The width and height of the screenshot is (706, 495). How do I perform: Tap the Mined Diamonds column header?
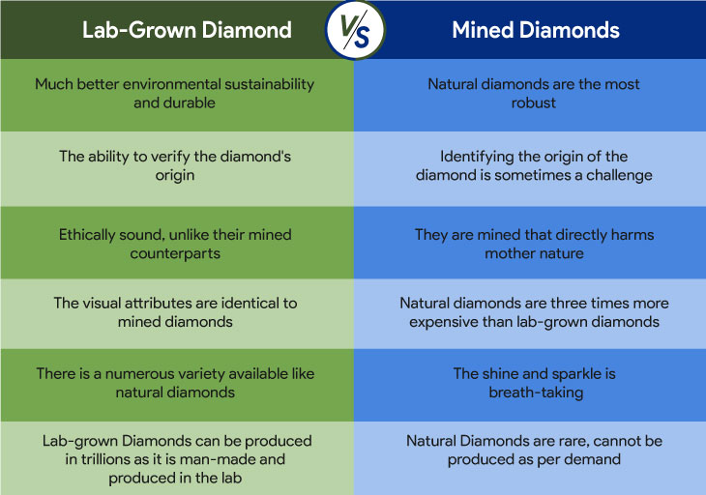535,30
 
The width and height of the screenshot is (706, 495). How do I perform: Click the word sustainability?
264,84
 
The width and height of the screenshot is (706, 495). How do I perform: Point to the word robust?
534,102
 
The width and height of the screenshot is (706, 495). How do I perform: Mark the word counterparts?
174,253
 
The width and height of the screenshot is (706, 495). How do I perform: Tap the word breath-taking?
534,393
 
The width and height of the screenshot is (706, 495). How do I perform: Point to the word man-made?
218,459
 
